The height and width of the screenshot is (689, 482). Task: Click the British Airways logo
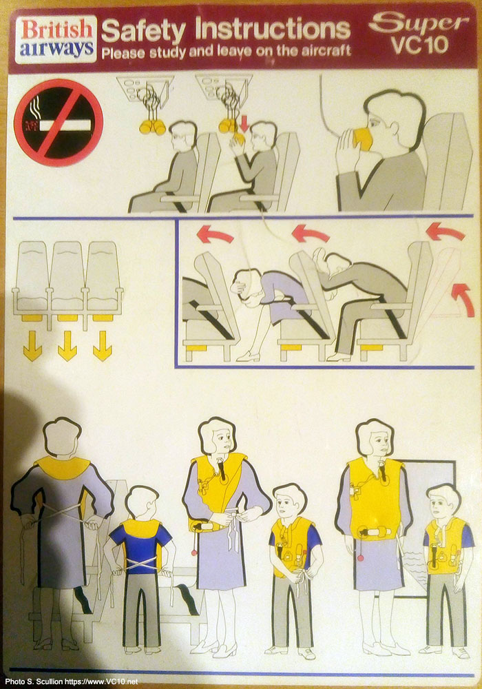point(56,39)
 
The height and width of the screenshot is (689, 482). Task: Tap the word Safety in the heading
point(143,31)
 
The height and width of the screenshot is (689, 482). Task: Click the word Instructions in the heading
point(272,29)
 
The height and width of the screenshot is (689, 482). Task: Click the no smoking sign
point(59,123)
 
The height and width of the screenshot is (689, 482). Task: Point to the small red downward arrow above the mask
point(244,123)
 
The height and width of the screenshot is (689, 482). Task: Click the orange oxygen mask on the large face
point(362,138)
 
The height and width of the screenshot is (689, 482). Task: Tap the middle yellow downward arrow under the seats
point(67,346)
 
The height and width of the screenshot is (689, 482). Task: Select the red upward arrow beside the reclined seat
point(463,299)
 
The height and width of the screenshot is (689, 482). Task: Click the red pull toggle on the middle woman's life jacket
point(193,552)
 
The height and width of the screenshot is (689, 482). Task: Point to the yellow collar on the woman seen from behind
point(62,466)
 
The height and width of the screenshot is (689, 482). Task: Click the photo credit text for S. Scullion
point(71,682)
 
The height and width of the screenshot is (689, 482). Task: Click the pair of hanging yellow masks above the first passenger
point(152,127)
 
